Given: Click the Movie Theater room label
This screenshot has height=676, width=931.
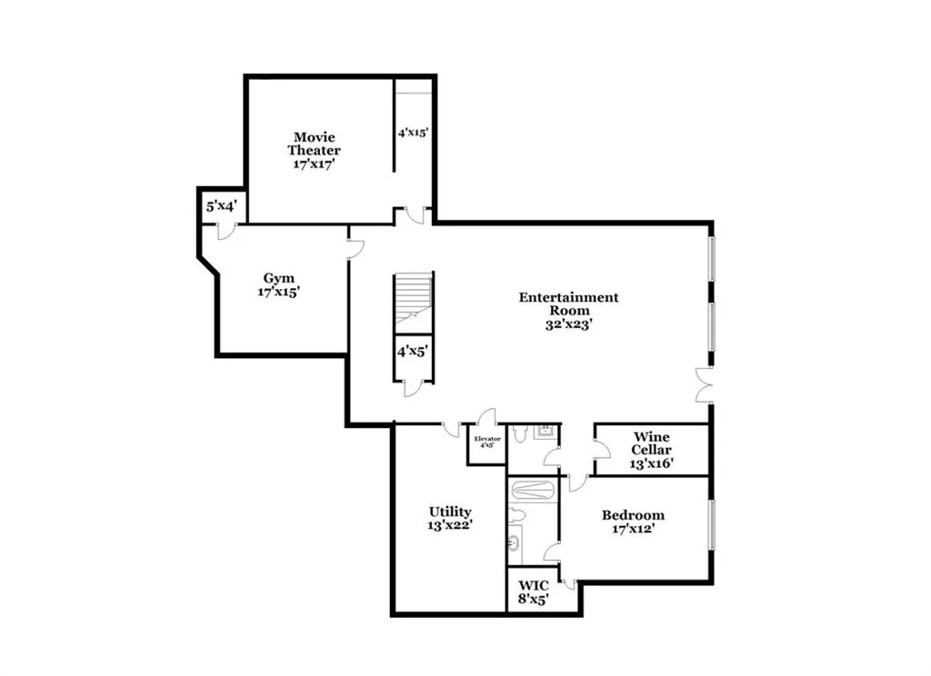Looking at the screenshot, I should tap(315, 151).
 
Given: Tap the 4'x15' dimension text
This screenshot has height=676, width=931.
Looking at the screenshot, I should tap(412, 133).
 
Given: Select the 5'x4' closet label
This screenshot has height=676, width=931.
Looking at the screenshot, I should tap(221, 206).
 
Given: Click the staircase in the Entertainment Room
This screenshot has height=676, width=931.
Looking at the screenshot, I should tap(414, 300).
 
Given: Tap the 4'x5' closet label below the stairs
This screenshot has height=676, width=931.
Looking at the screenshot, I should tap(412, 350).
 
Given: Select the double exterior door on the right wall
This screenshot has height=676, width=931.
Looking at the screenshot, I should tap(703, 385).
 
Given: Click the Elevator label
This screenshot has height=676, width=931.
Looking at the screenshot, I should tap(486, 442).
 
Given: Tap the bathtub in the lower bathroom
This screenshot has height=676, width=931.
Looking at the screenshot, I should tap(532, 491).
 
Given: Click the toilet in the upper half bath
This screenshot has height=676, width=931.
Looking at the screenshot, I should tap(519, 434).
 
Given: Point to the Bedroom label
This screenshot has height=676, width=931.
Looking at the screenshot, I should tap(633, 522).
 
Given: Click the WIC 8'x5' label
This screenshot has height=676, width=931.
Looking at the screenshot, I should tap(533, 592).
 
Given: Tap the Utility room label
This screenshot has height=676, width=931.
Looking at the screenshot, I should tap(450, 518).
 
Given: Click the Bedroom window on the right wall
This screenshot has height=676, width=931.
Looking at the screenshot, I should tap(711, 524).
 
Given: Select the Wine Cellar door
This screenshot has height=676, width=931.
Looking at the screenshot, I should tap(600, 448).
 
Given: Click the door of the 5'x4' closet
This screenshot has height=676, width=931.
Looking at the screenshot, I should tap(226, 231).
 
